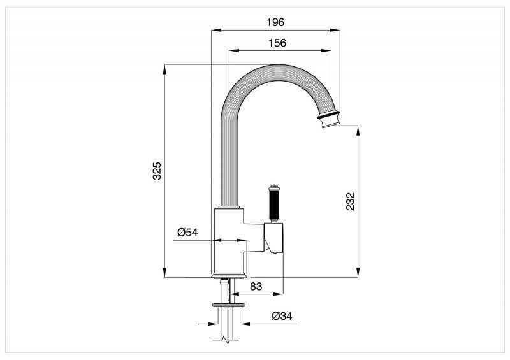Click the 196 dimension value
(275, 22)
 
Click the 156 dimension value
(277, 43)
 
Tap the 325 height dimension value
(157, 171)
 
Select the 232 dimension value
(350, 201)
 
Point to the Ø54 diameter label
(187, 232)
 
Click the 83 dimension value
(256, 286)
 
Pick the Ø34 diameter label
(282, 315)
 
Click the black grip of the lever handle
(273, 205)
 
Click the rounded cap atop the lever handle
(273, 187)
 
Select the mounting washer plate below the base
(228, 305)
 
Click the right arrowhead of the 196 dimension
(335, 30)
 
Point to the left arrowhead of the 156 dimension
(234, 51)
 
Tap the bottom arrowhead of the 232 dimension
(358, 273)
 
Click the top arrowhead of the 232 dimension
(358, 131)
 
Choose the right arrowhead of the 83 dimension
(279, 294)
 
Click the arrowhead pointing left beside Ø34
(245, 324)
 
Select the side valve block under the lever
(273, 238)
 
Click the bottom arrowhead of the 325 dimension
(165, 273)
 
